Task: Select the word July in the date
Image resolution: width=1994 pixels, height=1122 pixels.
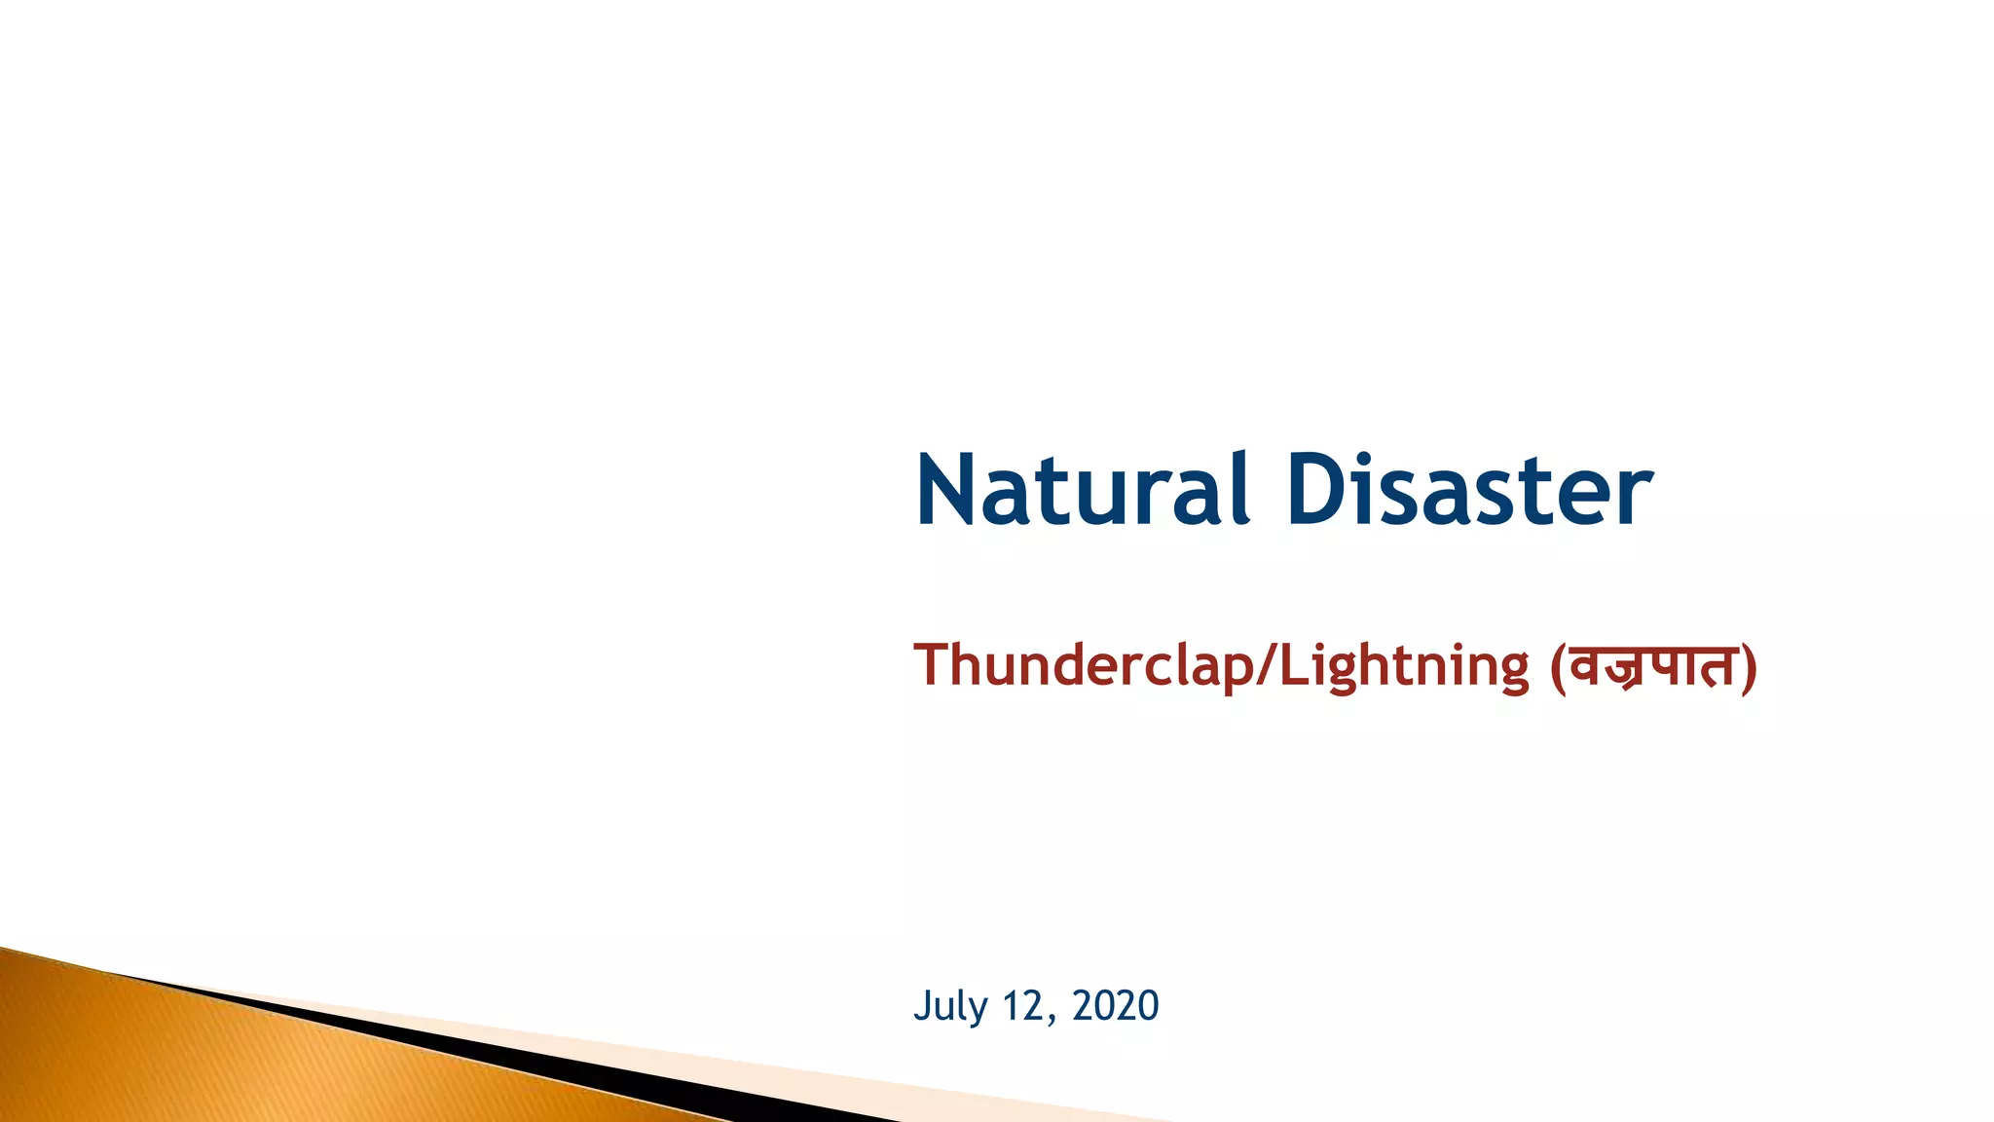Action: (x=950, y=1006)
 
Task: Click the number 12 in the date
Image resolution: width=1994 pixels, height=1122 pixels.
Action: (x=1024, y=1006)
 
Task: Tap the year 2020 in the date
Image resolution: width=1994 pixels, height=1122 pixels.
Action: (x=1115, y=1006)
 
